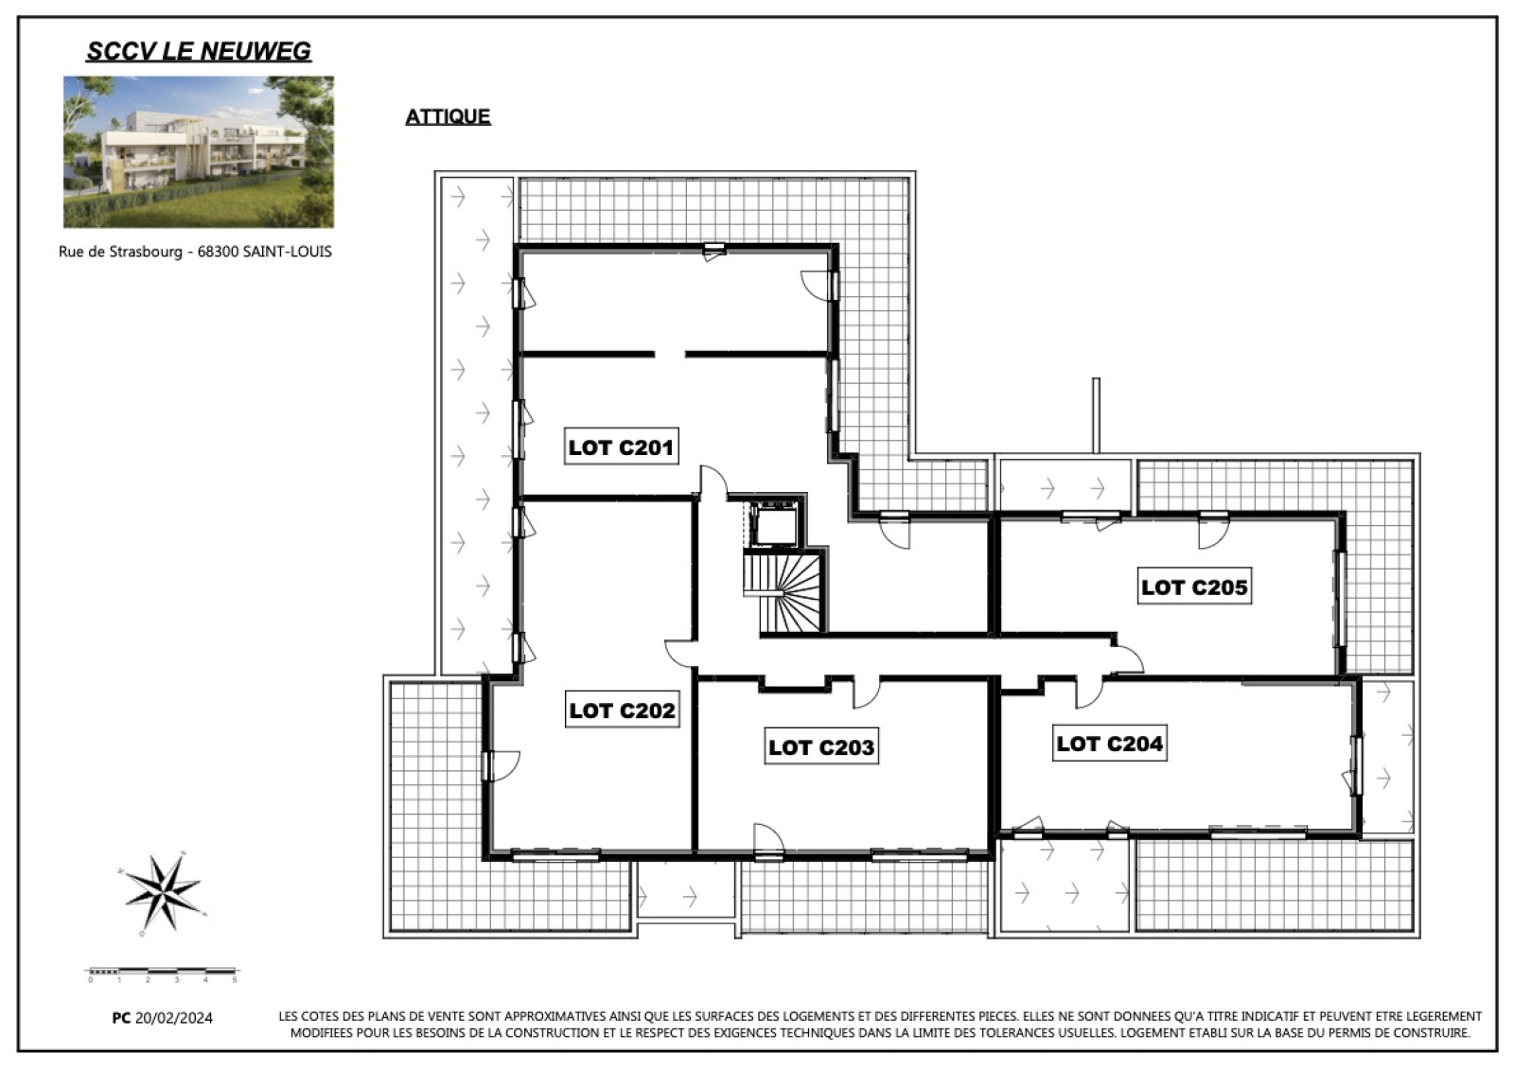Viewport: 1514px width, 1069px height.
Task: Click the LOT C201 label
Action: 621,447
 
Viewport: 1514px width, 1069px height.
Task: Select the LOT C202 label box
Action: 622,710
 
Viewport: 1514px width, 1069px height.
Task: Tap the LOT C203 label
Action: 821,746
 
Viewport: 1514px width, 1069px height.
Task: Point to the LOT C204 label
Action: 1110,743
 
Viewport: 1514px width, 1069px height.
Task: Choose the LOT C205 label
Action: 1194,586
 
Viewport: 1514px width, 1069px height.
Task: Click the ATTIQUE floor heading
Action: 448,116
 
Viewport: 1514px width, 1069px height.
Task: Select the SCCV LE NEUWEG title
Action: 199,51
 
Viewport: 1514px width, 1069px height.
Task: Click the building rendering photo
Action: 199,151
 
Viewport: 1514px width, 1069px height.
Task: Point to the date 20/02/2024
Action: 174,1018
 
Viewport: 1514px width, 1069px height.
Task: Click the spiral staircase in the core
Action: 784,592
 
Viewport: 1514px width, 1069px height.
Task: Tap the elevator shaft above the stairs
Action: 775,524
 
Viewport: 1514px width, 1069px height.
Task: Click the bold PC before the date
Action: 121,1018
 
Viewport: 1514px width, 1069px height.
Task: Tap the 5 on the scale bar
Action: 235,980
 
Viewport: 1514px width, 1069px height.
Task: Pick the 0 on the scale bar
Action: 90,980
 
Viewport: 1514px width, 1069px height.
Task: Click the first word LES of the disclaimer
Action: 288,1016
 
